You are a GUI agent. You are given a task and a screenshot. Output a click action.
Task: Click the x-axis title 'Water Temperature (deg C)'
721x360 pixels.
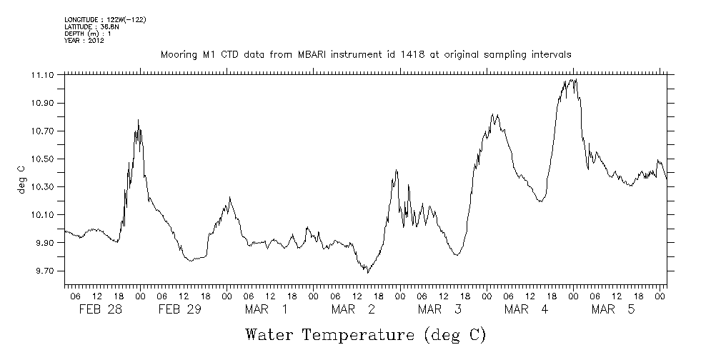point(365,334)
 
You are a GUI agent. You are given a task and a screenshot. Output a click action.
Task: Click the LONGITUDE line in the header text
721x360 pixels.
point(105,19)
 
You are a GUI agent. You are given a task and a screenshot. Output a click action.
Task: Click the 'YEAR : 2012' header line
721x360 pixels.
point(84,41)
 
